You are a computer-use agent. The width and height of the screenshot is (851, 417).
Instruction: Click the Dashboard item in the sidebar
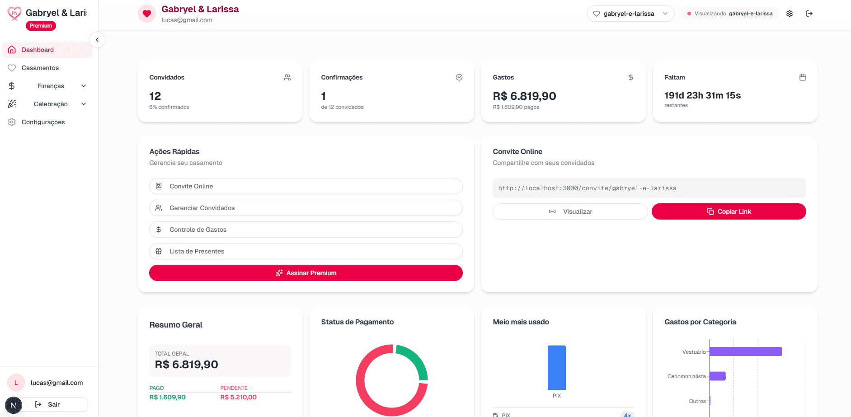point(38,50)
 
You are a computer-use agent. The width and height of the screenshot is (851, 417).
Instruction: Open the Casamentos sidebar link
point(40,68)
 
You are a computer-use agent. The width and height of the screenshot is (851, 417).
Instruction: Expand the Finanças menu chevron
point(84,86)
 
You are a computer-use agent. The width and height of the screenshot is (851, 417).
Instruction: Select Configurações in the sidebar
point(43,122)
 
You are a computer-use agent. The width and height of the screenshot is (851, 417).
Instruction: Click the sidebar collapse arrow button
point(97,40)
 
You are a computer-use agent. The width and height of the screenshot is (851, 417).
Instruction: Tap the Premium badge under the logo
point(41,26)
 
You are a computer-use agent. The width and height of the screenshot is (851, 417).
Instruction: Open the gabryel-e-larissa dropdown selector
point(630,14)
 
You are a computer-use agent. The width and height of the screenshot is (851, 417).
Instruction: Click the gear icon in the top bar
point(790,14)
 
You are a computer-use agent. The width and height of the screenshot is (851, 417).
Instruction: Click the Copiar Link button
point(729,211)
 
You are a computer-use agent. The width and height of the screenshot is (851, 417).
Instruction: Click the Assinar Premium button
point(306,273)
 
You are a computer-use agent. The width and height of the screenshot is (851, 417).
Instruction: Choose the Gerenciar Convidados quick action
point(306,208)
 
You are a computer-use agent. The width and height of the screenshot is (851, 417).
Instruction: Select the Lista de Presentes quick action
point(306,251)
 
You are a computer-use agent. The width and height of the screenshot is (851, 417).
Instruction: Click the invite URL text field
point(649,188)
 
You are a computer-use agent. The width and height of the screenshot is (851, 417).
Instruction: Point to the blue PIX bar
point(556,367)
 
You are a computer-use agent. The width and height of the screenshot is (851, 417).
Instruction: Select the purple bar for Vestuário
point(746,351)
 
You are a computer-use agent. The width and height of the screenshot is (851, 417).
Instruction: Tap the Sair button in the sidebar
point(54,404)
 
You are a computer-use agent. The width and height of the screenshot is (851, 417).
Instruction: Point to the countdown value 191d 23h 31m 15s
point(702,95)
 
